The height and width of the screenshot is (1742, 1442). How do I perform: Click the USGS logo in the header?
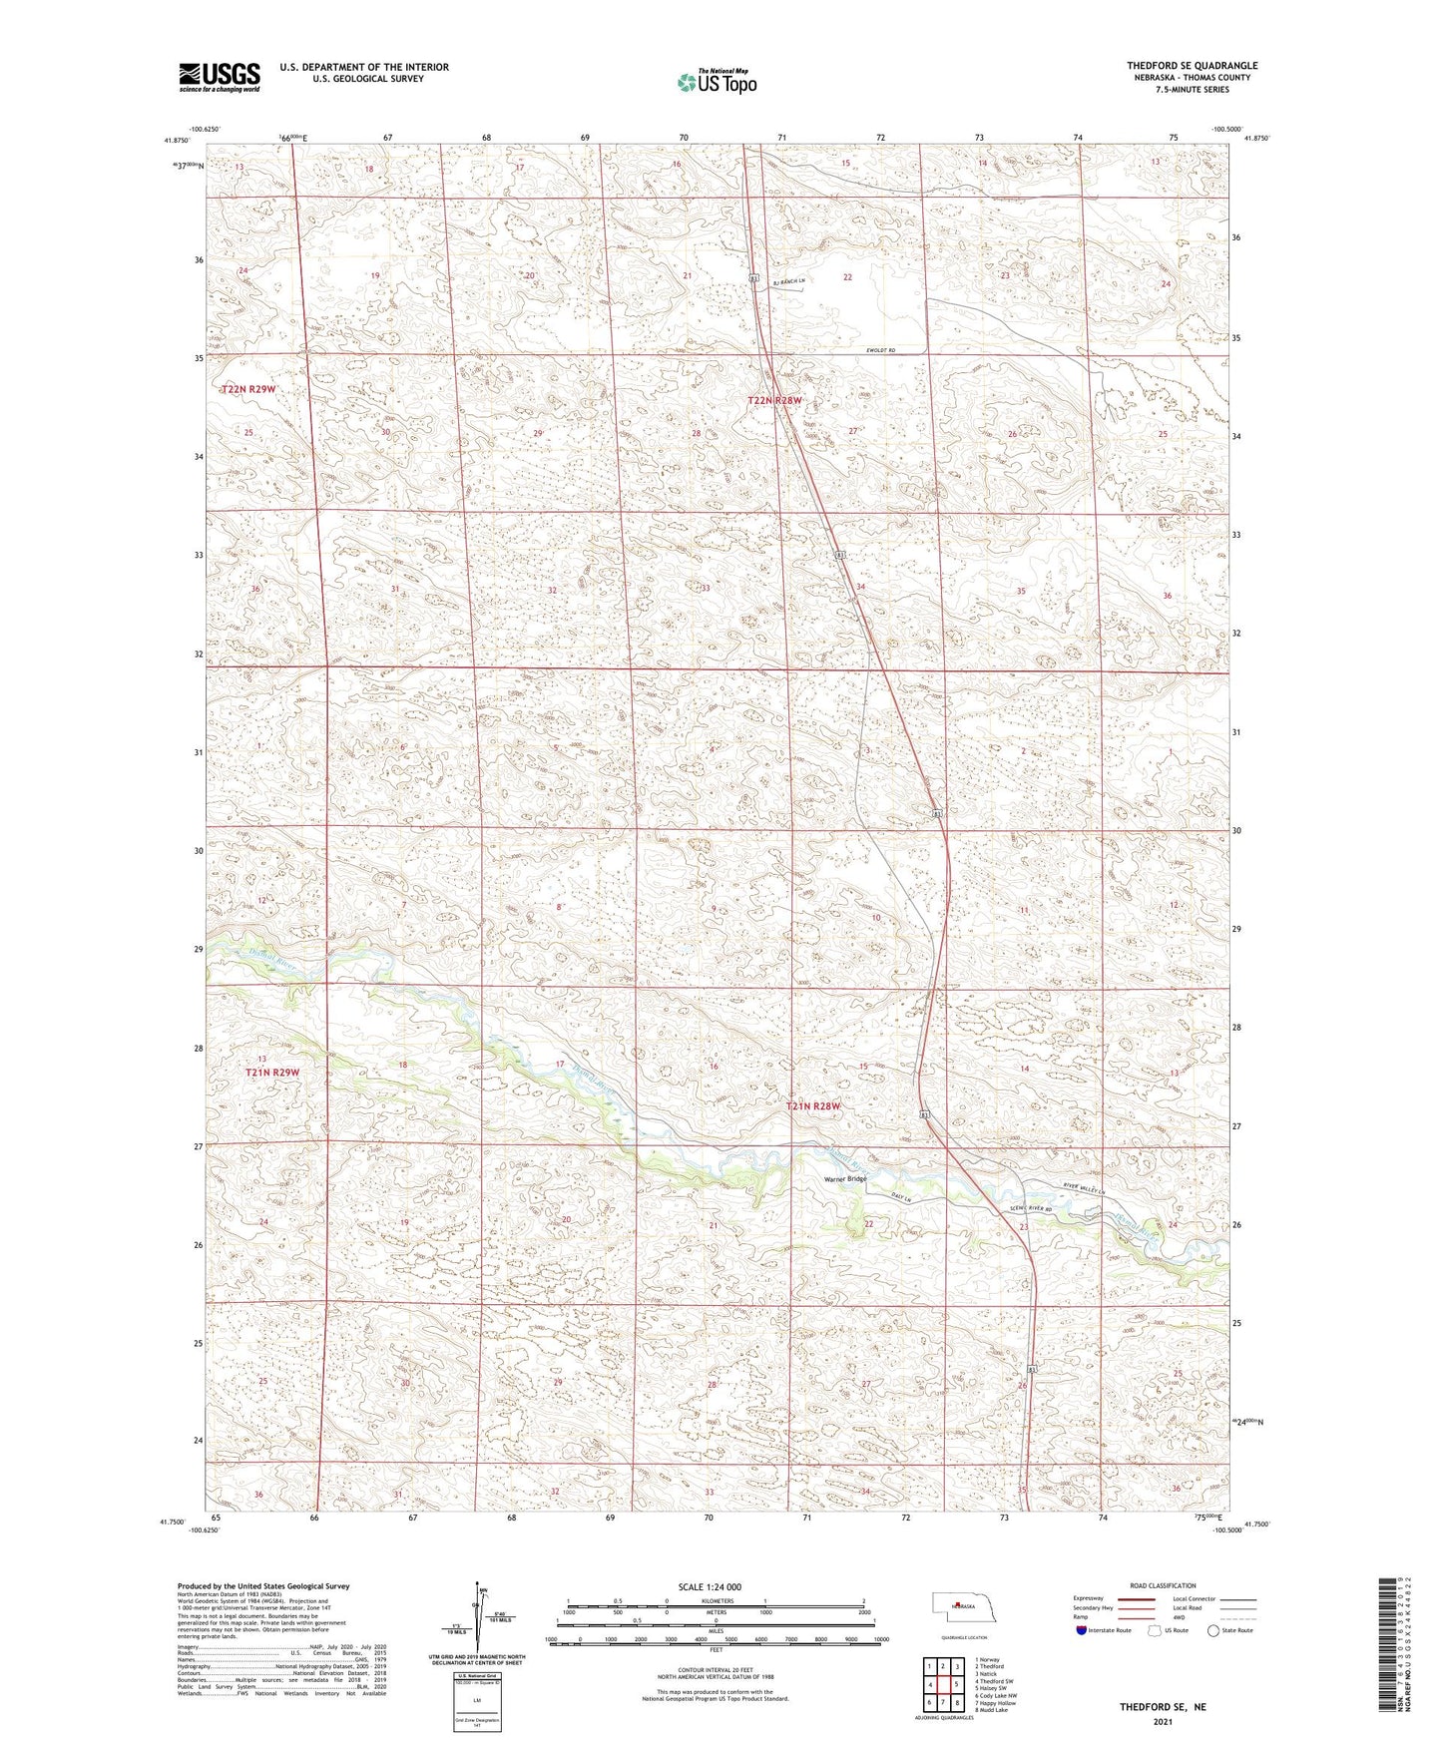(220, 76)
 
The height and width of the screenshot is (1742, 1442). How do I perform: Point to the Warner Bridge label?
(844, 1179)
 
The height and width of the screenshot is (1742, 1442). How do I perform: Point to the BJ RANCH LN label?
(787, 282)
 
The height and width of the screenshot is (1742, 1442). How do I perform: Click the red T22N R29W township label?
(247, 388)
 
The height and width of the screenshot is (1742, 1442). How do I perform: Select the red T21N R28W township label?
(813, 1106)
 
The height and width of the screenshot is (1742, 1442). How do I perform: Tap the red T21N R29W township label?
(272, 1073)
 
